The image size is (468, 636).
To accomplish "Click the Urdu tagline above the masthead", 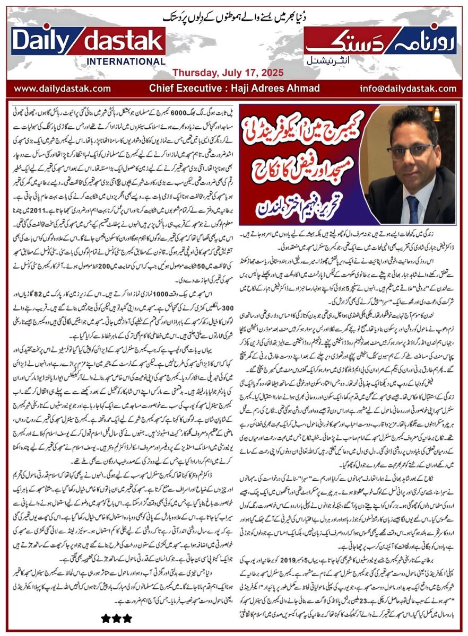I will pos(234,17).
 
